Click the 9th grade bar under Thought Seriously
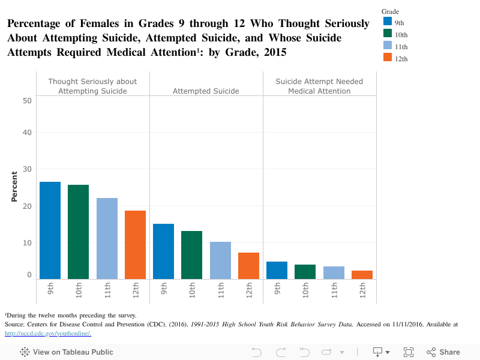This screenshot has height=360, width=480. (x=50, y=230)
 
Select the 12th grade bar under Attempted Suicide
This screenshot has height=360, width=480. (x=248, y=266)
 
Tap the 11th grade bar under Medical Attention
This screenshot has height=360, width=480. (x=334, y=272)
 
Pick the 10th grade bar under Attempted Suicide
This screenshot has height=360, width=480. (x=191, y=255)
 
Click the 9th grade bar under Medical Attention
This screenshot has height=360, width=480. (x=277, y=270)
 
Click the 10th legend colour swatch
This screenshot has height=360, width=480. (x=388, y=34)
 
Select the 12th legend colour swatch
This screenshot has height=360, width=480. (x=388, y=58)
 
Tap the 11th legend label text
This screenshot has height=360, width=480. (x=401, y=47)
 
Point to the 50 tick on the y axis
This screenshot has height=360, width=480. (x=27, y=101)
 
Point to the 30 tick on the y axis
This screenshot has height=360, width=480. (x=27, y=169)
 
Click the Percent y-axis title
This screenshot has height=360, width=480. (x=14, y=187)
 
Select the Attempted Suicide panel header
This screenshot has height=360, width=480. (x=206, y=91)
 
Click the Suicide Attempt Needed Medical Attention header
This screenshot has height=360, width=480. (x=319, y=86)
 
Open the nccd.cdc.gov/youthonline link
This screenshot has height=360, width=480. (x=47, y=334)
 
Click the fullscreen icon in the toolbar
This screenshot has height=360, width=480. (x=409, y=352)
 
